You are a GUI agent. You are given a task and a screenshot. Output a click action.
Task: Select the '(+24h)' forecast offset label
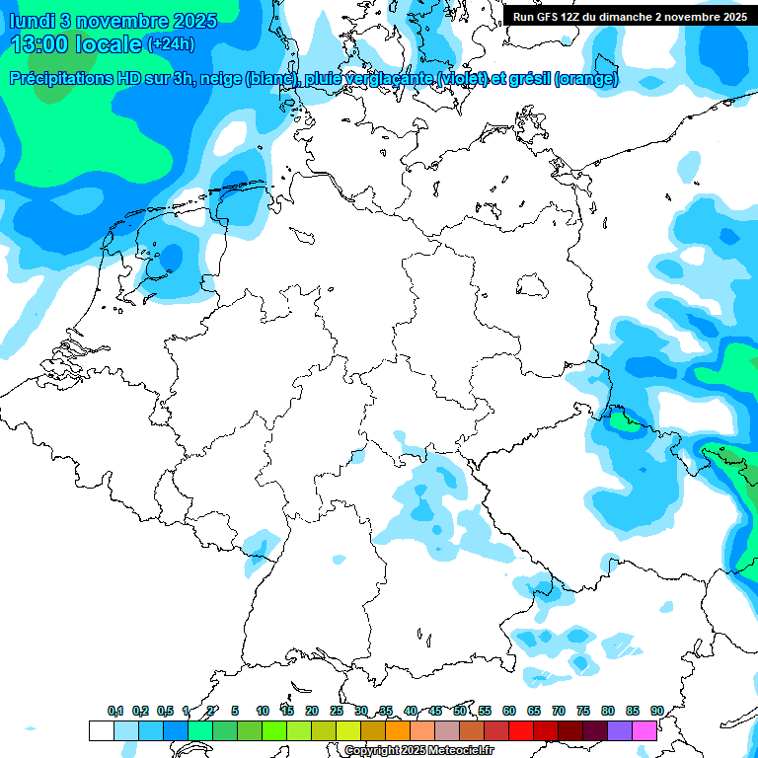tap(171, 44)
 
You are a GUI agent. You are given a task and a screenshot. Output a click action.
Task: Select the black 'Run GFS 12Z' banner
tap(630, 17)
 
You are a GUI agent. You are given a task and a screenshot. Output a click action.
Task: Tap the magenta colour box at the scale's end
tap(644, 731)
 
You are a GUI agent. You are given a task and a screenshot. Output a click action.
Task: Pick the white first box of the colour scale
tap(102, 731)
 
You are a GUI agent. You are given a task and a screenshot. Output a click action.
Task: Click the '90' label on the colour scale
tap(656, 711)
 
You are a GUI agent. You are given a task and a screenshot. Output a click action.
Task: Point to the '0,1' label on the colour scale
tap(114, 711)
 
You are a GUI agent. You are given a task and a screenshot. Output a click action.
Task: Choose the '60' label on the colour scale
tap(509, 711)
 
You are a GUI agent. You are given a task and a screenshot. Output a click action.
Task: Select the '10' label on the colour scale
tap(263, 711)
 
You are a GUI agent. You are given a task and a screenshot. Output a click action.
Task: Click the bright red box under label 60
tap(521, 731)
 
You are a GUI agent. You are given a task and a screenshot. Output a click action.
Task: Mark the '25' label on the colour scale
tap(337, 711)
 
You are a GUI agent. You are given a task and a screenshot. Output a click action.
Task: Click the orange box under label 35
tap(398, 731)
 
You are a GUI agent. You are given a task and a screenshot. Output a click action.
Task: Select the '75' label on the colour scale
tap(583, 711)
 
